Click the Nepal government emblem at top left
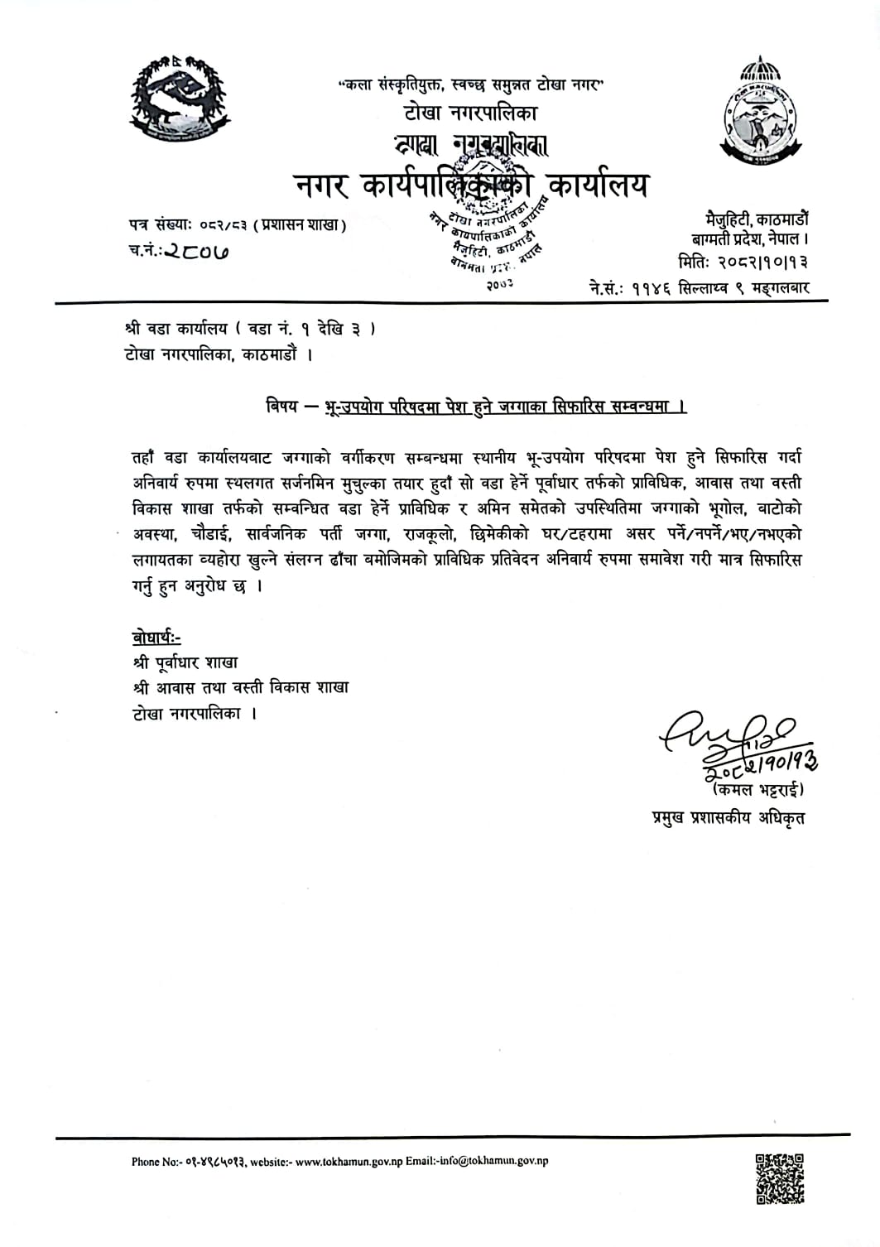177,99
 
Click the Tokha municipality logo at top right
758,108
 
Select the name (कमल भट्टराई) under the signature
757,790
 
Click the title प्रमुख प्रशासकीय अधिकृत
728,819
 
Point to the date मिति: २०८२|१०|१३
743,262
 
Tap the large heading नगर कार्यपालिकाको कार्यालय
473,185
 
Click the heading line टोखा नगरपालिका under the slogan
471,113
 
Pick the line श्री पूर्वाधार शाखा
185,662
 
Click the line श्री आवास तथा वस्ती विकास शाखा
240,687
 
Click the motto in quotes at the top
473,85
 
